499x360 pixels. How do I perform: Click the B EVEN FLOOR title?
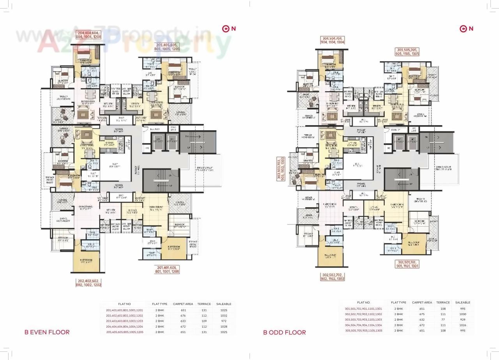(x=47, y=332)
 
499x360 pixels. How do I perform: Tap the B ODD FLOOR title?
(x=284, y=332)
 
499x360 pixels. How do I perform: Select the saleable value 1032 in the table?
(x=224, y=315)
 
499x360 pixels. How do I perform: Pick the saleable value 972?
(x=224, y=321)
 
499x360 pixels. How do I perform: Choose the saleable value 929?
(x=463, y=319)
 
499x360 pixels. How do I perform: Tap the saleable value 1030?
(x=463, y=314)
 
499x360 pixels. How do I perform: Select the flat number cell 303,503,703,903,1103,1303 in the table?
(x=363, y=319)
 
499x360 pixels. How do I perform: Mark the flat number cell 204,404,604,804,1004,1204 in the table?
(x=125, y=326)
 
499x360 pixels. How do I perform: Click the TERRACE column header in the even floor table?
(x=204, y=304)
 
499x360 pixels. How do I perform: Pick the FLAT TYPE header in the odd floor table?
(x=398, y=302)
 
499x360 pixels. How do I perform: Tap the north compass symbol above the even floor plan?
(x=228, y=28)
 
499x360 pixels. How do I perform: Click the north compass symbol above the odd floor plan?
(x=466, y=28)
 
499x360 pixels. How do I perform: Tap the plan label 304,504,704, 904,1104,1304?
(x=332, y=41)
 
